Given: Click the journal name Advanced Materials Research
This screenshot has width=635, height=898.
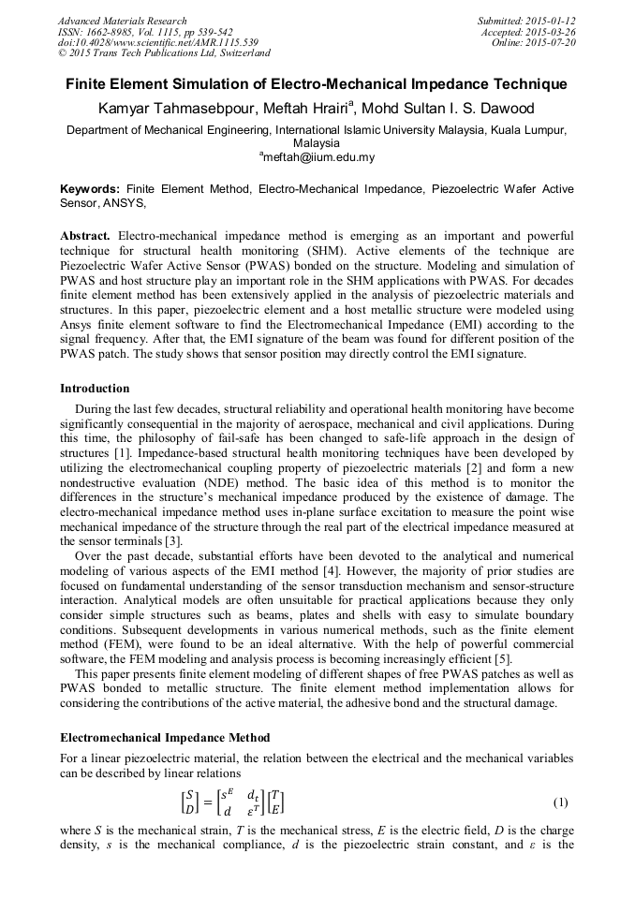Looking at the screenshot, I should (x=123, y=21).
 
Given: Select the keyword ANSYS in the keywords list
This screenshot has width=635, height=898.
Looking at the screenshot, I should (x=124, y=202).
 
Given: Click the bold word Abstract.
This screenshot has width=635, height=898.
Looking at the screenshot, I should (x=86, y=235).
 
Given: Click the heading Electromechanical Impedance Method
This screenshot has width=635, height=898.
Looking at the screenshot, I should (x=166, y=738).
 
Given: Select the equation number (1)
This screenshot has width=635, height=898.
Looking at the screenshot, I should (x=560, y=802).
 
